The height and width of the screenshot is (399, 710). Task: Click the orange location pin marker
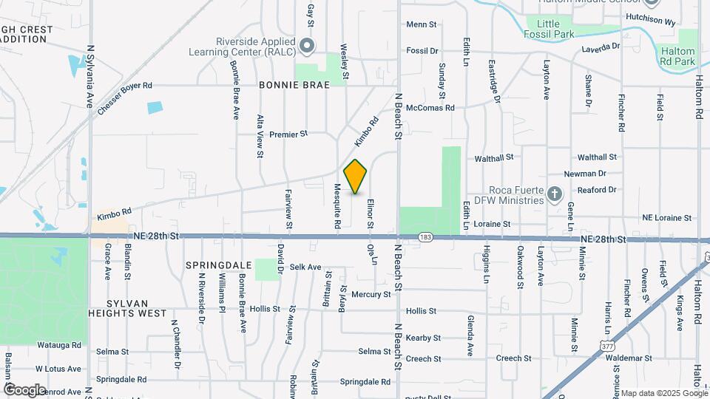tap(356, 177)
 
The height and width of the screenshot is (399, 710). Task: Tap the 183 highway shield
tap(425, 237)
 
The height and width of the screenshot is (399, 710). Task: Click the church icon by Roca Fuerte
tap(555, 194)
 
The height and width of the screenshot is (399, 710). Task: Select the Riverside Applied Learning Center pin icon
tap(308, 46)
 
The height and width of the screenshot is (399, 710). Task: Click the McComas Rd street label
tap(430, 107)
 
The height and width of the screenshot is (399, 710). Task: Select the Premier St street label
tap(288, 134)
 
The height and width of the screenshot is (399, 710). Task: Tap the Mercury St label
tap(371, 294)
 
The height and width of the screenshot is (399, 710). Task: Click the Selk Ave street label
tap(305, 267)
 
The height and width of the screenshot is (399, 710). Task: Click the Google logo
tap(24, 389)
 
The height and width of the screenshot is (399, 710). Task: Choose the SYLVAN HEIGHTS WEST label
tap(127, 308)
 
